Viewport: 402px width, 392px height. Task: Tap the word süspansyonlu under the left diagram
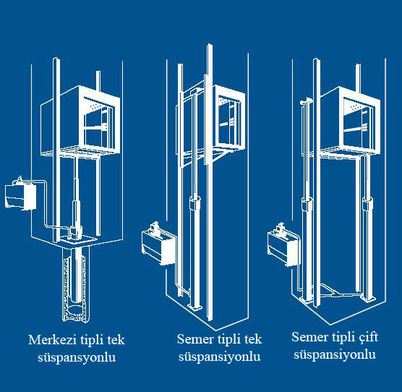coord(77,357)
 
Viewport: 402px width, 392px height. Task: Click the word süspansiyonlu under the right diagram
coord(335,355)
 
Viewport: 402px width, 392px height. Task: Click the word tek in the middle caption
coord(253,339)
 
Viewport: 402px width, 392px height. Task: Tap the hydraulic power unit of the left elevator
coord(21,195)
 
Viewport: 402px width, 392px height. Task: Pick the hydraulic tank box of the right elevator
coord(283,246)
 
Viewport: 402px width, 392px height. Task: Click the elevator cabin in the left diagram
coord(80,121)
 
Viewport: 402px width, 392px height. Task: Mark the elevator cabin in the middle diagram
coord(224,121)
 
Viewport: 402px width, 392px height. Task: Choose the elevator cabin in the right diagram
coord(349,122)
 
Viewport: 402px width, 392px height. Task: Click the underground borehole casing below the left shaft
coord(77,284)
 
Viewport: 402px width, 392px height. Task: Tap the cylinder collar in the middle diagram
coord(195,203)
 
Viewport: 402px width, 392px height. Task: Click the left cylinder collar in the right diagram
coord(307,205)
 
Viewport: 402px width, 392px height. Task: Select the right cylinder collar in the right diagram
coord(367,205)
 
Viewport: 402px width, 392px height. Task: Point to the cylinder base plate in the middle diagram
coord(194,307)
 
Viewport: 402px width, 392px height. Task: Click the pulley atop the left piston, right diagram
coord(306,101)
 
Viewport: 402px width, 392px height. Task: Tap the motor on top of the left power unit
coord(20,179)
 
